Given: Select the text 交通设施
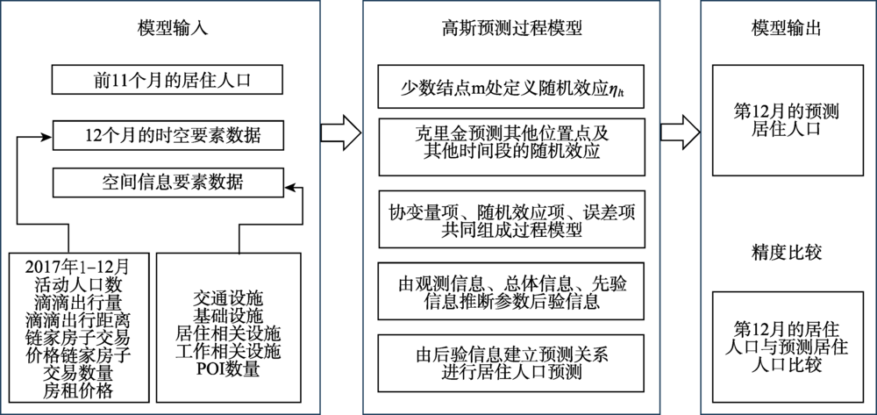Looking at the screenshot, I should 229,300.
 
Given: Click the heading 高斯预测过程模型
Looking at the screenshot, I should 510,28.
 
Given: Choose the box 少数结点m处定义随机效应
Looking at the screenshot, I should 510,85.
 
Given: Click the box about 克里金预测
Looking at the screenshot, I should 510,141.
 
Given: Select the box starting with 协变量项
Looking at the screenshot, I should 510,219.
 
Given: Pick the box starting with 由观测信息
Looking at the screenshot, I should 510,290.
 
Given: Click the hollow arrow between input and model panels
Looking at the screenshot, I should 339,132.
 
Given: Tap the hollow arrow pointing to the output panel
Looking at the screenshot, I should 680,132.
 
